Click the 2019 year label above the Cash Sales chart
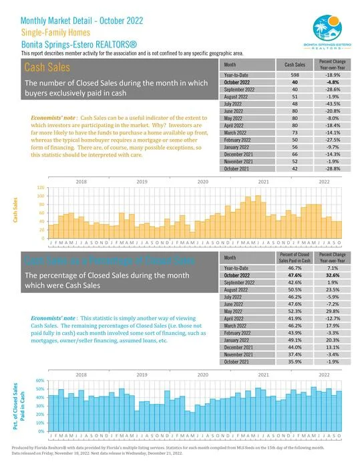click(142, 182)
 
